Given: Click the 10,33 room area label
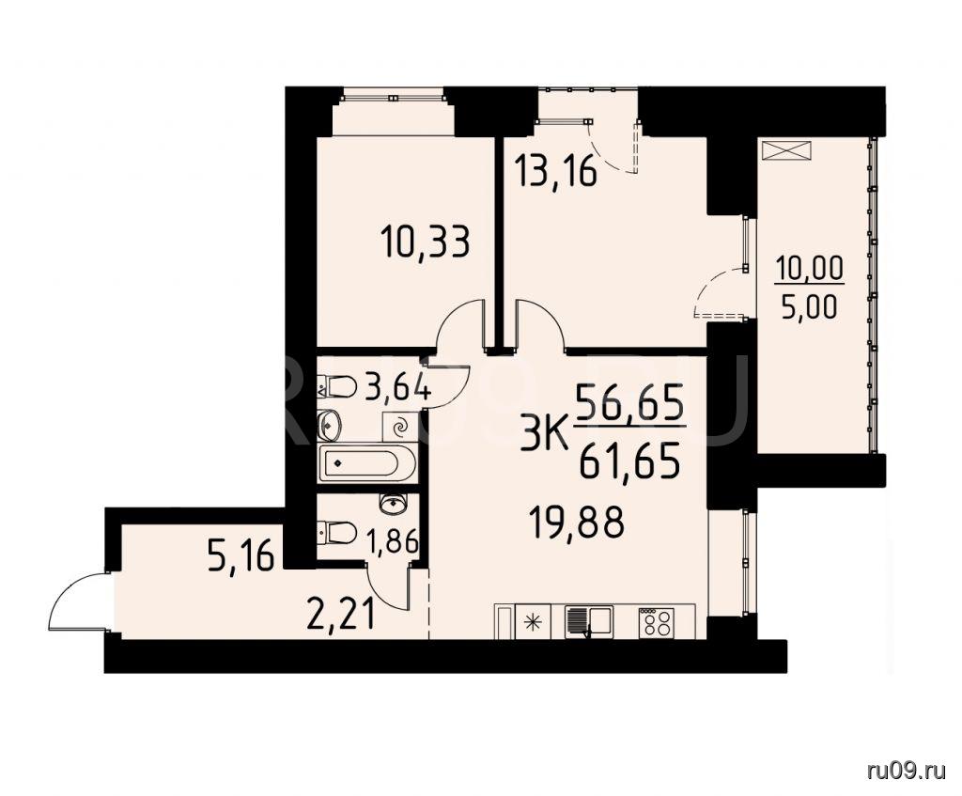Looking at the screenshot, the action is coord(426,242).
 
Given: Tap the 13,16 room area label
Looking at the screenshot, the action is coord(556,170).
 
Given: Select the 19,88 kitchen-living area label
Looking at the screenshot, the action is coord(578,523).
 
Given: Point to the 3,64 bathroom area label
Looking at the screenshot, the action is coord(397,387).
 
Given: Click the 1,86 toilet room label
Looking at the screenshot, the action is coord(392,541).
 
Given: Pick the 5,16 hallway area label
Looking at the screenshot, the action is coord(240,557).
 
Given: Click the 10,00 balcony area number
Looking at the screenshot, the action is coord(810,270).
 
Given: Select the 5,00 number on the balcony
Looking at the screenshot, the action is coord(809,306).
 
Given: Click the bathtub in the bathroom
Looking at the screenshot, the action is coord(367,464).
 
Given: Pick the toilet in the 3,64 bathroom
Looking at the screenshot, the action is coord(337,386).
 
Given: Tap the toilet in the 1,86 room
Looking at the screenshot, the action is coord(337,532).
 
